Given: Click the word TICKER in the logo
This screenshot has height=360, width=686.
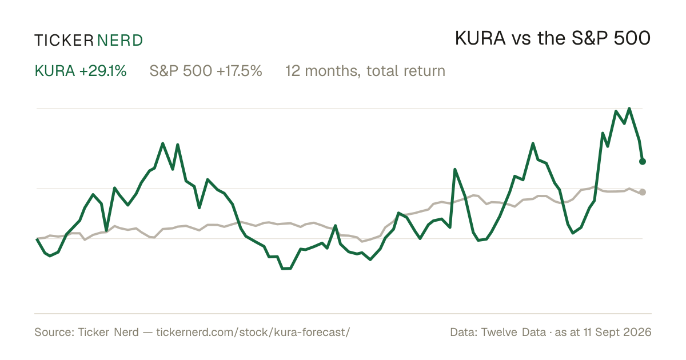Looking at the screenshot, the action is click(63, 41).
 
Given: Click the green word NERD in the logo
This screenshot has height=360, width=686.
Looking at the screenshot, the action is click(119, 41).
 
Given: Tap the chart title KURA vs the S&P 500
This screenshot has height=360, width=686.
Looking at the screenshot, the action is click(553, 38).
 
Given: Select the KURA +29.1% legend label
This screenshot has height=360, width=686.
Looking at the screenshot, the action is click(81, 71).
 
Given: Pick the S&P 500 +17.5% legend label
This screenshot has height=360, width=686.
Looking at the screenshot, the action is click(206, 71).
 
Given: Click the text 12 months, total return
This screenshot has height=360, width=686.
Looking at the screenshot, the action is click(365, 71).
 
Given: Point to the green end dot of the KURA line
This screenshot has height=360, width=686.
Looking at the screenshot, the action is click(643, 161).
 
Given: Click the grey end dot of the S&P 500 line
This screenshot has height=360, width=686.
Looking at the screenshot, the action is click(643, 192).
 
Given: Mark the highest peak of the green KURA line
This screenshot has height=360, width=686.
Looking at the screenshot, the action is click(629, 109).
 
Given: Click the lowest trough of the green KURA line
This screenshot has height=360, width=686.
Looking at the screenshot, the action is click(286, 269).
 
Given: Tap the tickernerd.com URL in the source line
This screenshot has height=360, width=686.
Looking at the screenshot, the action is click(253, 332).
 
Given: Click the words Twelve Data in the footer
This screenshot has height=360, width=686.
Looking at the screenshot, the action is click(513, 332).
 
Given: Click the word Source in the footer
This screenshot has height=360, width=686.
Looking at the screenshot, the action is click(53, 332).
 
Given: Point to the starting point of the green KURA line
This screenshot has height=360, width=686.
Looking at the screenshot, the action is click(37, 239).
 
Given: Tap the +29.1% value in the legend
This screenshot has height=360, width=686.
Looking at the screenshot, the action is click(103, 71).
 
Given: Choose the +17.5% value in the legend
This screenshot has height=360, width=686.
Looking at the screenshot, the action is click(239, 71).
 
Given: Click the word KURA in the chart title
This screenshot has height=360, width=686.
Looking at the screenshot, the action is click(480, 38).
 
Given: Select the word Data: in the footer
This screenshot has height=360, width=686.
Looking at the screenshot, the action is click(464, 332).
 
